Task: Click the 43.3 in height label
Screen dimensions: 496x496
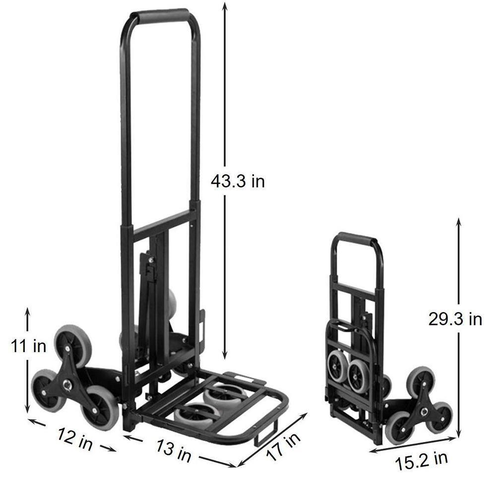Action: click(238, 182)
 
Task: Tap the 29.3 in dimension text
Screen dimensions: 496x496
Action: click(455, 319)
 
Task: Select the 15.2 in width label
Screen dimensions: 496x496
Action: click(422, 461)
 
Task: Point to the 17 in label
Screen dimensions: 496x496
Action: click(283, 448)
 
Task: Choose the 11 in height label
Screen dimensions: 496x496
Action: click(28, 346)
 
